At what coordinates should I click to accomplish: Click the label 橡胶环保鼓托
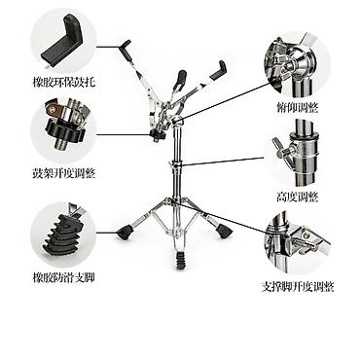coord(64,82)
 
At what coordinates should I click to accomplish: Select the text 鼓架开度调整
coord(64,174)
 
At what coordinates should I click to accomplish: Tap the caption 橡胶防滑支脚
coord(64,277)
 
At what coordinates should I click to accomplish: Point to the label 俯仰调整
coord(298,107)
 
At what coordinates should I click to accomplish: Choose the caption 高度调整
coord(298,197)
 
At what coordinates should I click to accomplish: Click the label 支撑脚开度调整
coord(298,287)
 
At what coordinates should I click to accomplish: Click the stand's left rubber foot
coord(125,233)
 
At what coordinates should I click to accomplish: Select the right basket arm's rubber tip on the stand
coord(219,71)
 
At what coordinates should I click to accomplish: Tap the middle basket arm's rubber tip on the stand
coord(180,78)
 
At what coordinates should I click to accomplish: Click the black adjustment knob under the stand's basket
coord(158,135)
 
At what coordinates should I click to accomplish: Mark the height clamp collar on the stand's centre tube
coord(175,164)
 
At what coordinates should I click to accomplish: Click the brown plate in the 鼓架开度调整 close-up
coord(53,108)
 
